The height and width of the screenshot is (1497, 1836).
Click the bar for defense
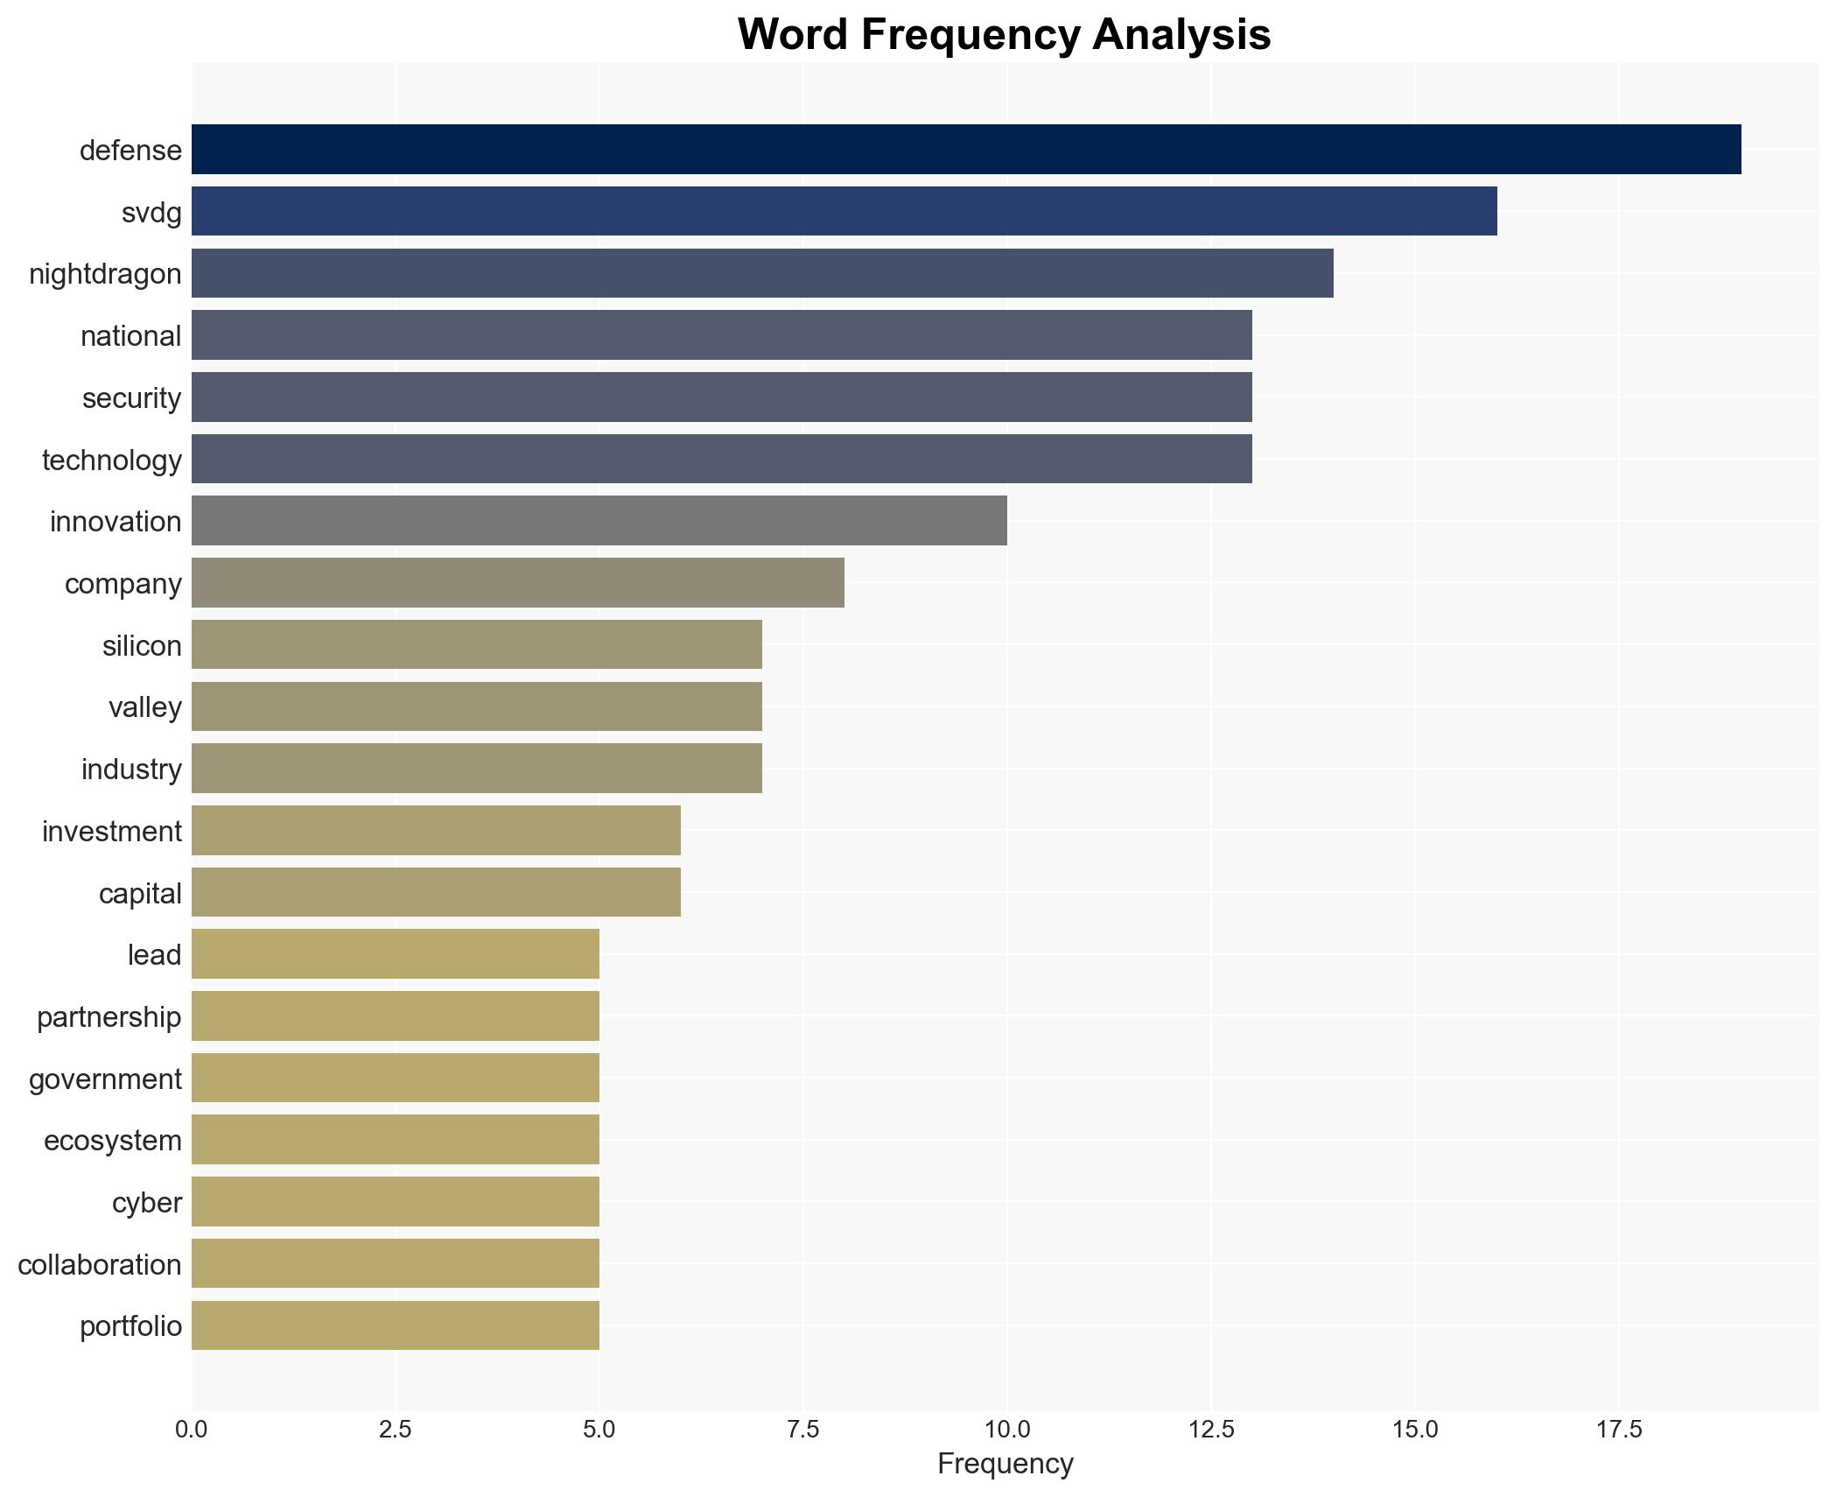coord(966,150)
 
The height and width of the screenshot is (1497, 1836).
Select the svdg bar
coord(844,212)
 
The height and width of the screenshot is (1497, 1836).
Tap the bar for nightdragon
coord(762,273)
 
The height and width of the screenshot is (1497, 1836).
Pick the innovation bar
coord(599,521)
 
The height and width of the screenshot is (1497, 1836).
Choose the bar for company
coord(518,583)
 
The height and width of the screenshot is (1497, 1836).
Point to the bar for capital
coord(436,893)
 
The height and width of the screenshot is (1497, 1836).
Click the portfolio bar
coord(396,1325)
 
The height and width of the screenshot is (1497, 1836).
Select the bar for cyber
coord(396,1202)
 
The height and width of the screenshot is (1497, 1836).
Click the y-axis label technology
coord(112,460)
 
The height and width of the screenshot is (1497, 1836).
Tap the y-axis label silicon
coord(142,645)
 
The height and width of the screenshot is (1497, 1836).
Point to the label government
coord(105,1079)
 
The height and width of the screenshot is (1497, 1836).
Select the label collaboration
coord(100,1264)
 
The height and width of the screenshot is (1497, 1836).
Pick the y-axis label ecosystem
coord(113,1140)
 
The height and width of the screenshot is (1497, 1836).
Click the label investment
coord(112,831)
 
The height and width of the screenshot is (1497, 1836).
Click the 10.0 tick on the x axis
coord(1006,1430)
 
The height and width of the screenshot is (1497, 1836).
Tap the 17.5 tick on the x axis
coord(1618,1430)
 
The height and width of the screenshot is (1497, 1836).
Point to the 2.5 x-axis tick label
coord(395,1430)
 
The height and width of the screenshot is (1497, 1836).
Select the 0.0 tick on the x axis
coord(192,1430)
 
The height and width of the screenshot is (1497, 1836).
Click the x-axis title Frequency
coord(1005,1464)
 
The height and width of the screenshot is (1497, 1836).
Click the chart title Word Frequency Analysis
coord(1004,35)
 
